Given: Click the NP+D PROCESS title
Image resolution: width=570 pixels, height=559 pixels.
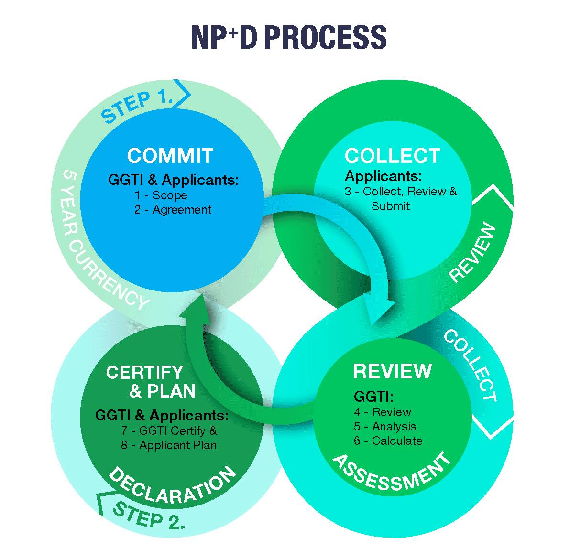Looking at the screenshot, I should tap(288, 37).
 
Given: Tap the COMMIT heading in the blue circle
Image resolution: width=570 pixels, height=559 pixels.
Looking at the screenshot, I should tap(170, 156).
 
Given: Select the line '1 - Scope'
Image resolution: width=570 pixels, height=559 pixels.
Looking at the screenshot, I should tap(160, 195).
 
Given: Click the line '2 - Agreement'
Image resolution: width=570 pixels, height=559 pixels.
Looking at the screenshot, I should tap(173, 209).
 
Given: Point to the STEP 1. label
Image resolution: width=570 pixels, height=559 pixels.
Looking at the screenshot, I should tap(137, 104).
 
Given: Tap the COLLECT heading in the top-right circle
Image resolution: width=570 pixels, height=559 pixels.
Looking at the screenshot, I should tap(392, 156).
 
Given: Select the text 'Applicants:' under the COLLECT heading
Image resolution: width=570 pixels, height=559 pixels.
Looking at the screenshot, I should tap(383, 176).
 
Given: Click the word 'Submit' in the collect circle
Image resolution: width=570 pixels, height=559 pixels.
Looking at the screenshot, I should tap(391, 206).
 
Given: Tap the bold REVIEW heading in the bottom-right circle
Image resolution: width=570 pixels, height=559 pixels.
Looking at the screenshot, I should tap(392, 371).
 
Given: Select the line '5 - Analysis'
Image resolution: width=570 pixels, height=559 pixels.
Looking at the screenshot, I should tap(385, 426).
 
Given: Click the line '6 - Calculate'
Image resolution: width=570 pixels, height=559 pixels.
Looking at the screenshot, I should tap(388, 441).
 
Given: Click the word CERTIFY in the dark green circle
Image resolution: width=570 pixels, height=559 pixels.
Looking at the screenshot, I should tap(144, 372).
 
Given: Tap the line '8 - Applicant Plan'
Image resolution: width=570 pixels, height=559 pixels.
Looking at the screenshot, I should tap(169, 445).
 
